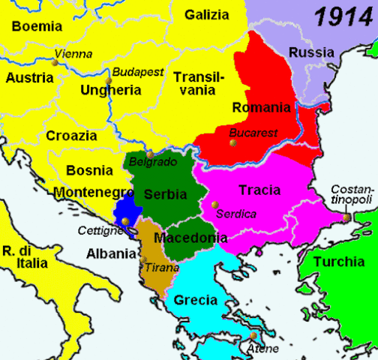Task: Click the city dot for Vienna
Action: click(x=53, y=64)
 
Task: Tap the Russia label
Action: click(x=312, y=52)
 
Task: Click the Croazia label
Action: click(x=71, y=136)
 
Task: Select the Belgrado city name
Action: click(x=153, y=162)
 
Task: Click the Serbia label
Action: click(x=165, y=193)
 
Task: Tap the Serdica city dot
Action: click(x=214, y=204)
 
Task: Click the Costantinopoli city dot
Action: click(x=346, y=218)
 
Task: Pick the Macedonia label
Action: click(x=190, y=238)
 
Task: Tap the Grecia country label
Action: click(x=195, y=301)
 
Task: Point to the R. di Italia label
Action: click(x=24, y=257)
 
